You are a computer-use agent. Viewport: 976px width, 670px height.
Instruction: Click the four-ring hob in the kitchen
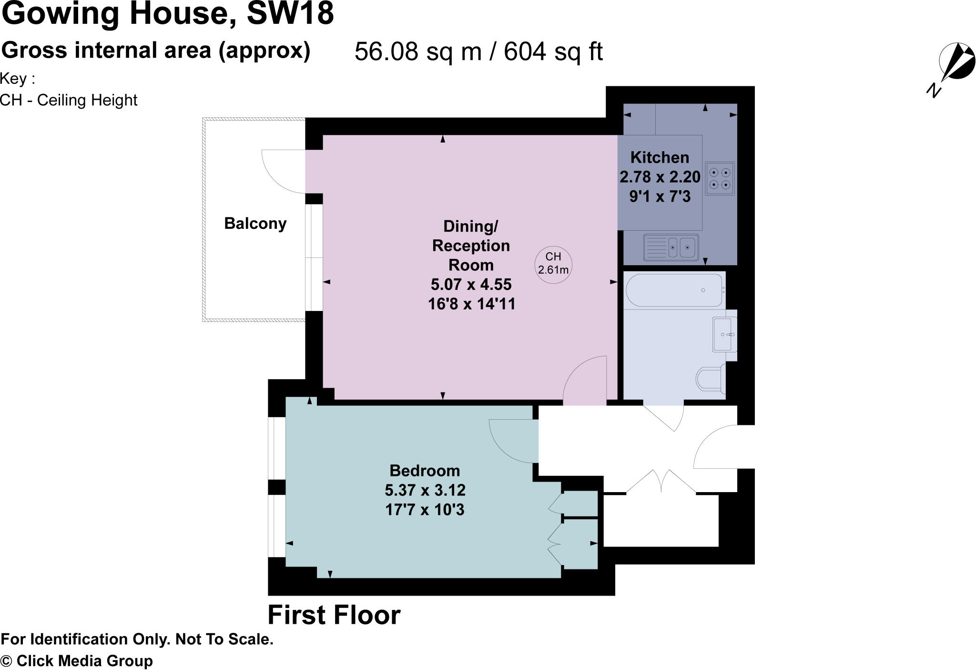pos(720,178)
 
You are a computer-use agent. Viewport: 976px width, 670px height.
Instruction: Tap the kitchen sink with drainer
pos(671,247)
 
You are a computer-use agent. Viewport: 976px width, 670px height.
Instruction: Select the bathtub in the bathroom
pos(674,290)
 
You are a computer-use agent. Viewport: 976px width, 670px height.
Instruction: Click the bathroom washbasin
pos(723,334)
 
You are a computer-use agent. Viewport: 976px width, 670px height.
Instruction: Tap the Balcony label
pos(255,223)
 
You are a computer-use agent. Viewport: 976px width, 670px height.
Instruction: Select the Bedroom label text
pos(425,471)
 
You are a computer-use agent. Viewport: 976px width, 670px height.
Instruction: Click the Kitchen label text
pos(660,157)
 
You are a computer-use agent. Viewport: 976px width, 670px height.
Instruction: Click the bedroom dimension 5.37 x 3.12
pos(425,490)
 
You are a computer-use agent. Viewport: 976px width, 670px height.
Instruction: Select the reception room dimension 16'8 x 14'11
pos(471,304)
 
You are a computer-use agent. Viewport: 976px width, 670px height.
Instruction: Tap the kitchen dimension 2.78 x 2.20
pos(660,177)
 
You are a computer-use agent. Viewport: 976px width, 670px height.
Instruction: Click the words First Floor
pos(334,615)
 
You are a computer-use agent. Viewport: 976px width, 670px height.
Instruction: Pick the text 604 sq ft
pos(553,52)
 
